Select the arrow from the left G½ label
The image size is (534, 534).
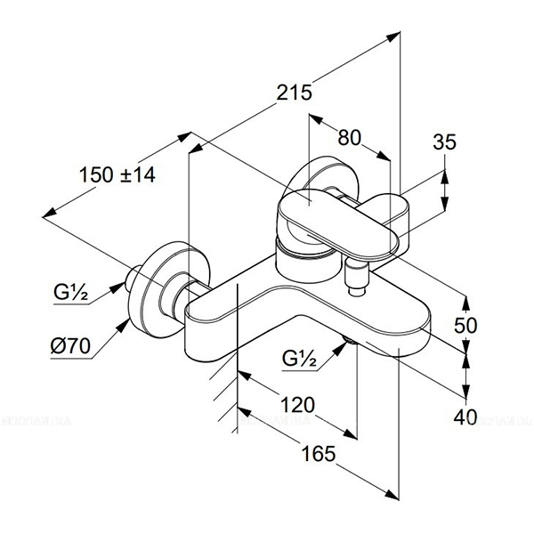pos(116,287)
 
